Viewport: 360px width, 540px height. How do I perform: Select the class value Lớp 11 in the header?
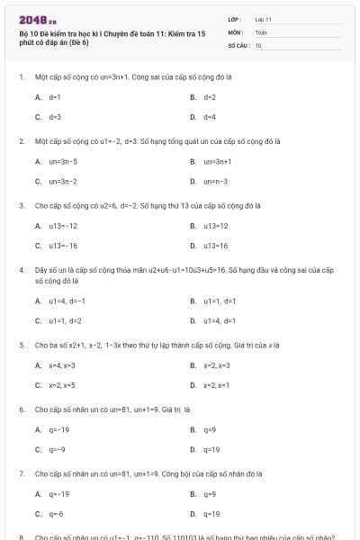pos(264,19)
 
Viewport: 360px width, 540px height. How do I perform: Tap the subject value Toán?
pos(261,31)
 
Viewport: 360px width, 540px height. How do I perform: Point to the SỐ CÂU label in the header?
pos(238,44)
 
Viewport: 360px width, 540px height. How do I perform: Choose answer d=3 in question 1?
pos(54,117)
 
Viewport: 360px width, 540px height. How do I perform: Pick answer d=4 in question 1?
pos(209,117)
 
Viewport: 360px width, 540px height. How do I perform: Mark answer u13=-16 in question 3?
pos(63,245)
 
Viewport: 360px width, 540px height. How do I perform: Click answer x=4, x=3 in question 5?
pos(62,365)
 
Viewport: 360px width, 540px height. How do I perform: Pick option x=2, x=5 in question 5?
pos(62,385)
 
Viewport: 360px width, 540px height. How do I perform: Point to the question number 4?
pos(21,269)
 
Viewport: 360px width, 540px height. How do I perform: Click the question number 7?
pos(21,472)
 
